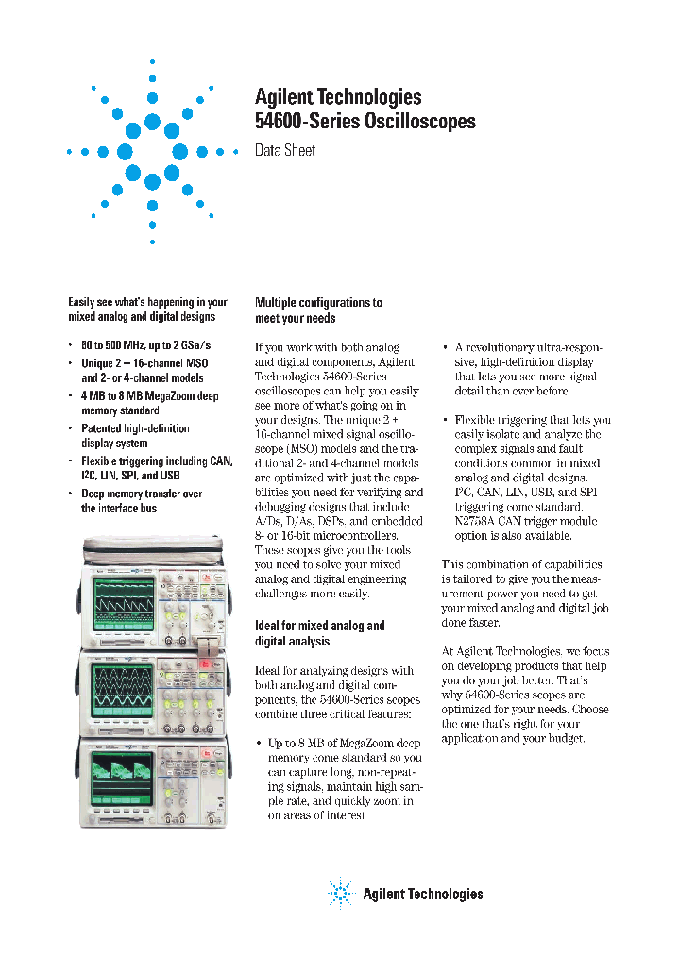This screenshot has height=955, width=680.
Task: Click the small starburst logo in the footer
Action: tap(340, 893)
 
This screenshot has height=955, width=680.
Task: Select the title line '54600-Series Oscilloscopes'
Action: tap(365, 121)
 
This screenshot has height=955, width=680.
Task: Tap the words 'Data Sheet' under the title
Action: tap(285, 151)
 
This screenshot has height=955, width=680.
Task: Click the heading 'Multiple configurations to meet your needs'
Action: tap(318, 310)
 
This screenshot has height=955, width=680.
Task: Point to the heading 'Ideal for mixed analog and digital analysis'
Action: tap(320, 633)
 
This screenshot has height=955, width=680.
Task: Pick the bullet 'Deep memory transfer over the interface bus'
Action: tap(141, 501)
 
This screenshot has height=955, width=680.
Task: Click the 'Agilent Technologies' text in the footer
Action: tap(422, 894)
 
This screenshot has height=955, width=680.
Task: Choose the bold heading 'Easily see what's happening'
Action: tap(147, 310)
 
